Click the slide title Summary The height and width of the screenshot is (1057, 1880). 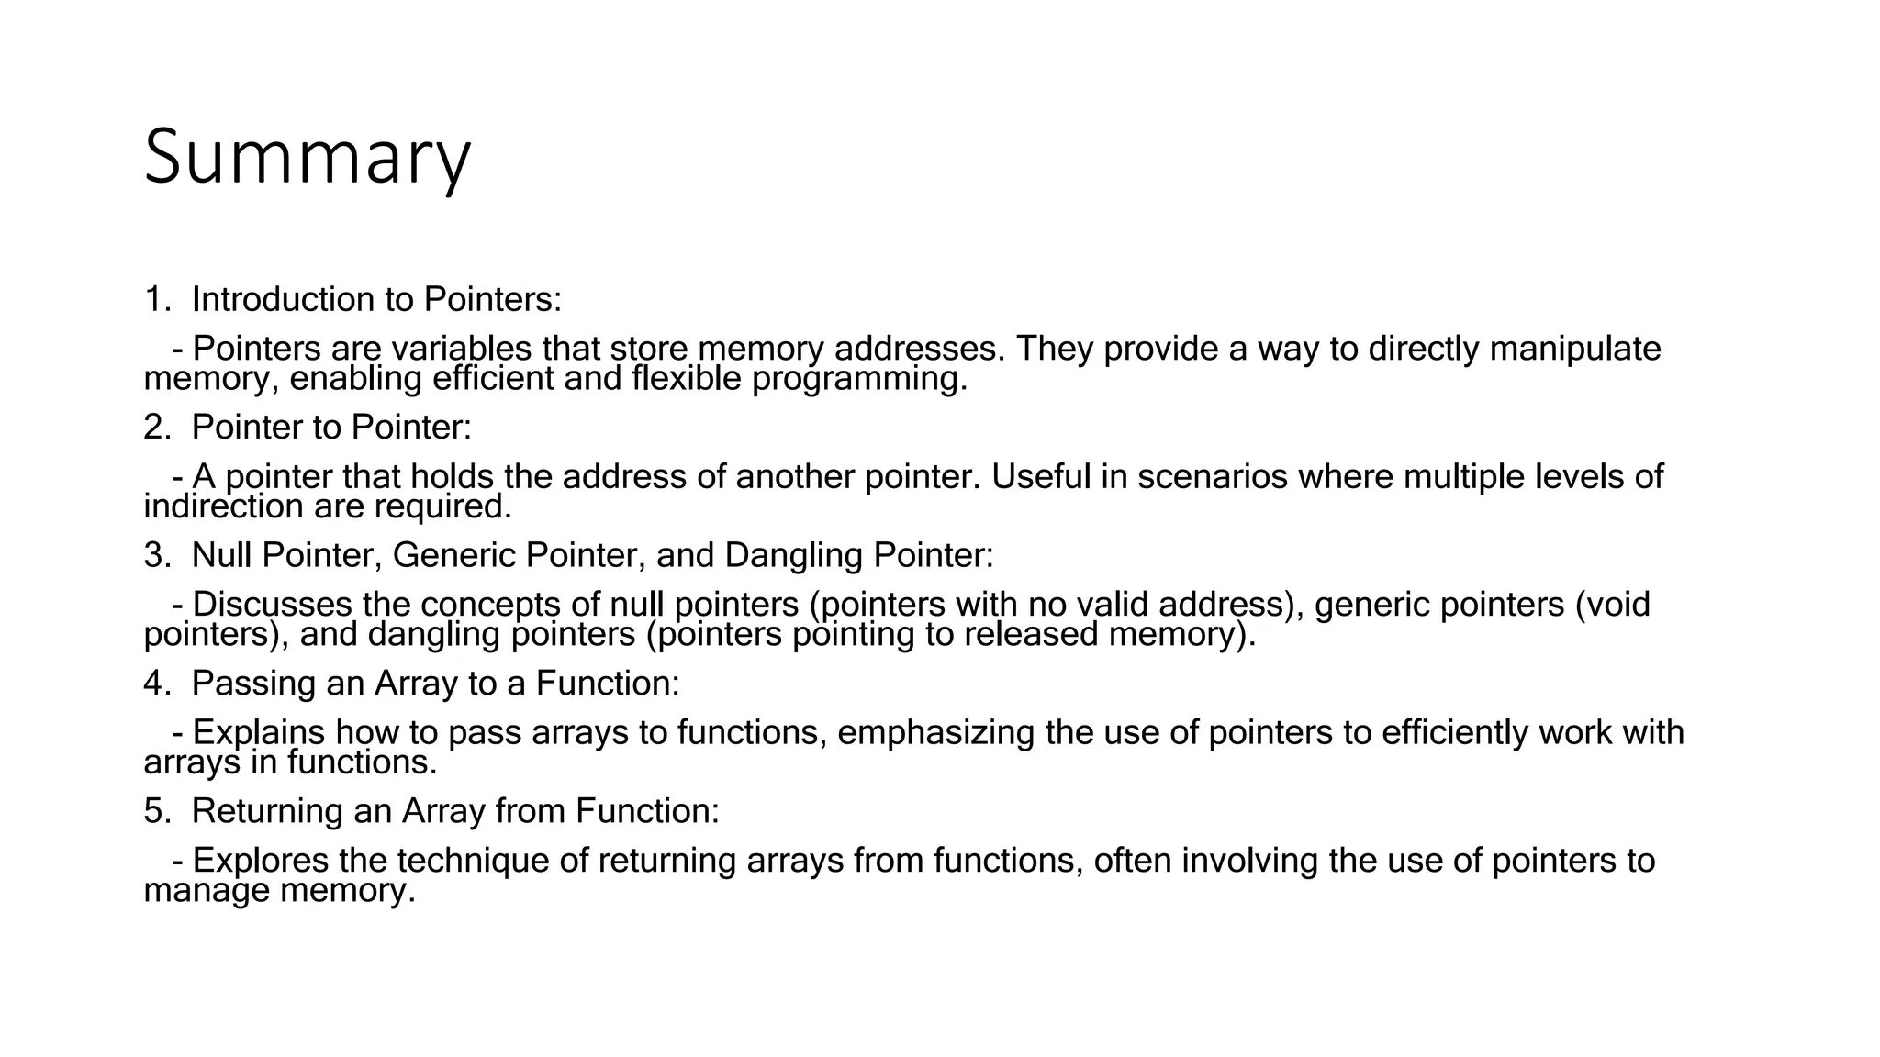tap(307, 158)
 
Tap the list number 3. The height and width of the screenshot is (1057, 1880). tap(153, 555)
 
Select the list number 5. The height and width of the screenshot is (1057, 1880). tap(153, 811)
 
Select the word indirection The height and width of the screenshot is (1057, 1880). tap(224, 506)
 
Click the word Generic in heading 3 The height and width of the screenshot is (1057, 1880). tap(451, 555)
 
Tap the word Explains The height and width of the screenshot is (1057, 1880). tap(259, 733)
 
